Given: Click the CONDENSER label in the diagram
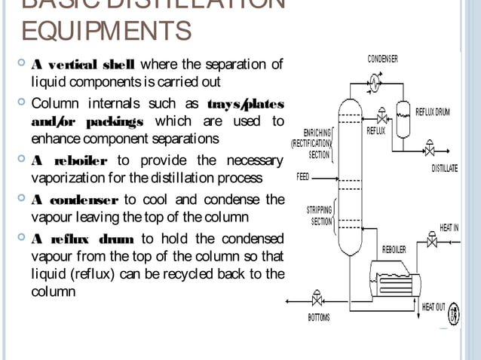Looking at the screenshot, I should tap(383, 59).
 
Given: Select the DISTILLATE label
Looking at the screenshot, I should tap(444, 168).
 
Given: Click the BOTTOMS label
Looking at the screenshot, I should tap(318, 317).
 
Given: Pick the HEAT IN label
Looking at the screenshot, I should tap(449, 227).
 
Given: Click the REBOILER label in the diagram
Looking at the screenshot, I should tap(394, 249).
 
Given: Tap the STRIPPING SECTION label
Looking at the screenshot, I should tap(319, 215).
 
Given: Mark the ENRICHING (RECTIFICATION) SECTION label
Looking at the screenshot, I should tap(311, 143).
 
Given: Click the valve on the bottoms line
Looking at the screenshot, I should tap(317, 301).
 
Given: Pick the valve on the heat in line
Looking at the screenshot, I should tap(432, 243).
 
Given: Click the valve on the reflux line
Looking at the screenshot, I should tap(382, 117).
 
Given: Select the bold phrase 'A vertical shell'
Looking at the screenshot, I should tap(79, 65).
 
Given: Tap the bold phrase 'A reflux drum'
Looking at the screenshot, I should tap(83, 239).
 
